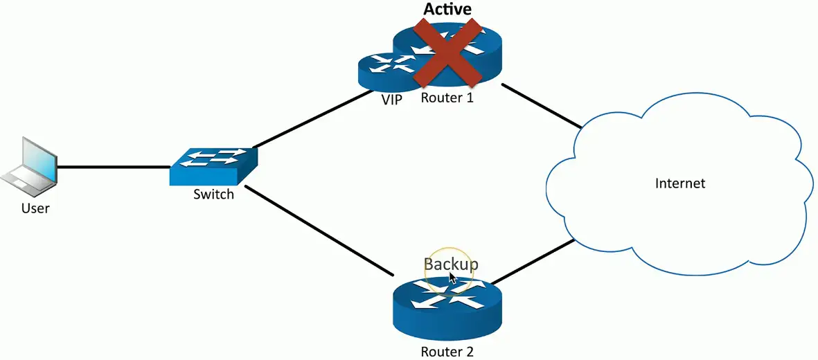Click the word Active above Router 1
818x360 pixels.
pyautogui.click(x=447, y=9)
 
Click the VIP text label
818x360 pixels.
pyautogui.click(x=392, y=100)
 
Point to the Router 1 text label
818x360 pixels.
pyautogui.click(x=447, y=98)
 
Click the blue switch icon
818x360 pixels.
pyautogui.click(x=213, y=166)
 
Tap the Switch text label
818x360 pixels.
pyautogui.click(x=213, y=194)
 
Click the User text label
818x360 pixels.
pyautogui.click(x=35, y=207)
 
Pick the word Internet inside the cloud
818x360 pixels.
pyautogui.click(x=679, y=183)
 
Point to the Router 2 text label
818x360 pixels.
pyautogui.click(x=447, y=352)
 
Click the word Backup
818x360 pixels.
pyautogui.click(x=451, y=264)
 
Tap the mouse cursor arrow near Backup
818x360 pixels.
pyautogui.click(x=452, y=278)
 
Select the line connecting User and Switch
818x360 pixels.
pyautogui.click(x=114, y=167)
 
